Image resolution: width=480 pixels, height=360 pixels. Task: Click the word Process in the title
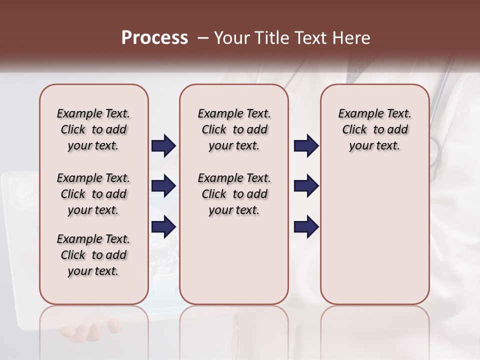(x=154, y=38)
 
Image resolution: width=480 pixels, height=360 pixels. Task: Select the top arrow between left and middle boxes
(x=163, y=145)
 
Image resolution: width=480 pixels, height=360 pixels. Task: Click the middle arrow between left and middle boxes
(x=163, y=186)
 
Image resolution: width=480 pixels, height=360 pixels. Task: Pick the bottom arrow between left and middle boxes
(x=163, y=227)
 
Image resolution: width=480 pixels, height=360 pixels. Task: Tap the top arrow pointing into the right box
(x=306, y=145)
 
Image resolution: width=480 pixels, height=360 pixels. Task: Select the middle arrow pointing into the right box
(x=306, y=186)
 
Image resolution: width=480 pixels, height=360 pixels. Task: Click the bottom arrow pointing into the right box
(x=306, y=227)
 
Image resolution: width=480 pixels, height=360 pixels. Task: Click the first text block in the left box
(x=93, y=129)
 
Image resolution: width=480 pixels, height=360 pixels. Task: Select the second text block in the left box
(x=93, y=194)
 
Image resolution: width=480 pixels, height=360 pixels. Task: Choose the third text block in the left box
(x=93, y=255)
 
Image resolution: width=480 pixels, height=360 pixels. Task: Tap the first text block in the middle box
(x=234, y=129)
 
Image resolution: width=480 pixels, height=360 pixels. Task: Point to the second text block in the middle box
(x=234, y=194)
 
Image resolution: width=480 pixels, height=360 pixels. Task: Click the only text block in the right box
(x=374, y=129)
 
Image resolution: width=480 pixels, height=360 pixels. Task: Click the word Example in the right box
(x=358, y=113)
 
